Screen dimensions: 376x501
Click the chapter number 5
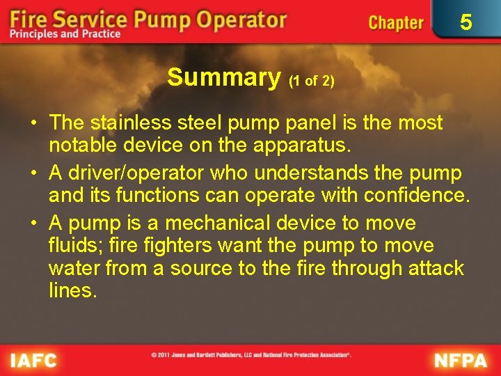coord(466,22)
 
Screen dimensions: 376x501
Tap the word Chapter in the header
coord(396,23)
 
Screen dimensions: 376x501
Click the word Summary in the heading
coord(223,77)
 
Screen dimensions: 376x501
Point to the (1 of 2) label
coord(312,81)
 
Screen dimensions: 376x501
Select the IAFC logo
coord(33,360)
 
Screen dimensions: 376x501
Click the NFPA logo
coord(461,360)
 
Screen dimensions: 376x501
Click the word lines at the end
coord(72,290)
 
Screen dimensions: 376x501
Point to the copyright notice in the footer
coord(251,355)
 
